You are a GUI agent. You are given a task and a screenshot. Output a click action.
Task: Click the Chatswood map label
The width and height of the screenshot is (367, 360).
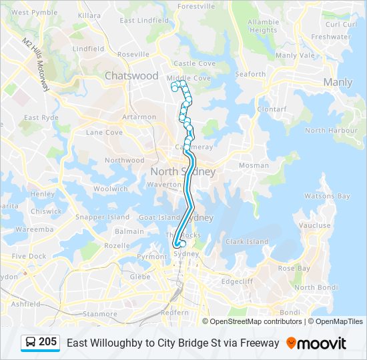131,76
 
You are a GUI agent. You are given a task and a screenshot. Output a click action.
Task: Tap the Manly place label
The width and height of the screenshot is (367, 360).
338,83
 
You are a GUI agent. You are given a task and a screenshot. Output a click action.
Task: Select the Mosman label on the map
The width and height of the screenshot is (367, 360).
254,165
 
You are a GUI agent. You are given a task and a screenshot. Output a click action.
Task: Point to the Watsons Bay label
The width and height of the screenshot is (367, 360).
327,197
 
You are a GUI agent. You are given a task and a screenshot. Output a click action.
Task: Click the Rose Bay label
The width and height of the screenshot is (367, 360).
294,268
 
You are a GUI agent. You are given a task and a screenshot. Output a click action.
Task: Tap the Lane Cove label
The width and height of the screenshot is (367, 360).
104,133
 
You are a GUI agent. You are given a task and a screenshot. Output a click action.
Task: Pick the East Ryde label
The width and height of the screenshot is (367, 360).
41,118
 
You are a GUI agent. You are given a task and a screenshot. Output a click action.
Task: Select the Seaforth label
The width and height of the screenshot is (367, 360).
250,75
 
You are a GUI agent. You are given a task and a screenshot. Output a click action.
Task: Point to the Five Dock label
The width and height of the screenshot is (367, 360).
29,256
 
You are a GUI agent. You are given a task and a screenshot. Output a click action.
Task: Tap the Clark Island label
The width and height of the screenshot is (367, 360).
247,242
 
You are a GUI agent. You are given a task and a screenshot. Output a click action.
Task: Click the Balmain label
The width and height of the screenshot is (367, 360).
129,232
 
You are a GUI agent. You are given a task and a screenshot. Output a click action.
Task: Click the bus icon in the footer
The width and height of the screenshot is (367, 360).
30,343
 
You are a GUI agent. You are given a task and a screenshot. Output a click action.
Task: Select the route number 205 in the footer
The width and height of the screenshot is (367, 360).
47,342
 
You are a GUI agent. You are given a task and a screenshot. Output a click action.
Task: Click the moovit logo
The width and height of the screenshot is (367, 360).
316,343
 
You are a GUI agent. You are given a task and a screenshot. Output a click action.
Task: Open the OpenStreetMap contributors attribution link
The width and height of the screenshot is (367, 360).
256,321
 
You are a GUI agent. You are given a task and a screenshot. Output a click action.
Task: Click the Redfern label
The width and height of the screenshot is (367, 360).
175,312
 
